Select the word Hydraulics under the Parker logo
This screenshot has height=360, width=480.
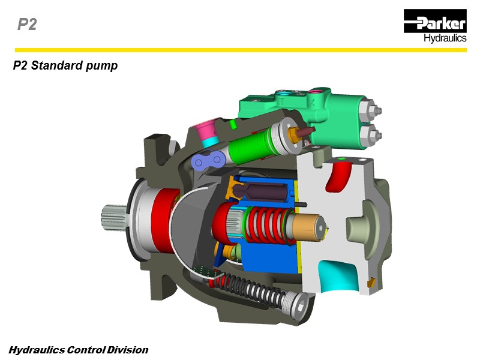coord(445,38)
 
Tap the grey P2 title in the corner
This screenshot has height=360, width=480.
coord(27,25)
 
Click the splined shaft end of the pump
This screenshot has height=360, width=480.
coord(113,217)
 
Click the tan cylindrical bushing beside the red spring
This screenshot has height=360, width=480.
coord(307,227)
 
